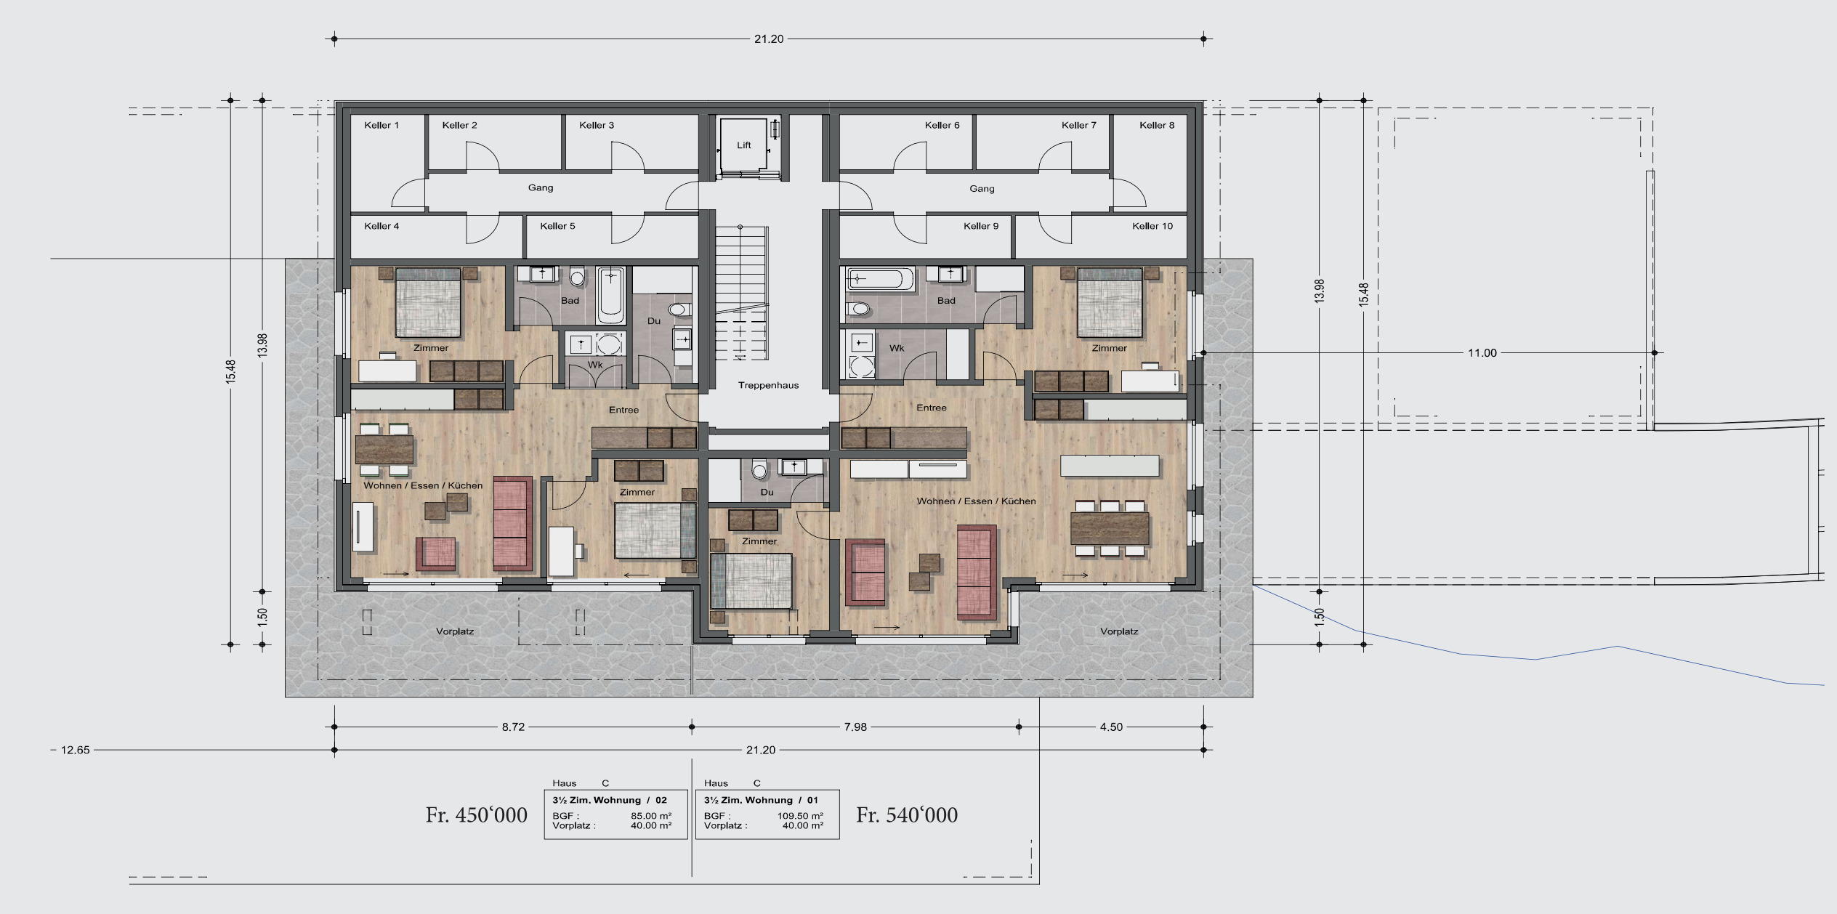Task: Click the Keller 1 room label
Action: pyautogui.click(x=381, y=125)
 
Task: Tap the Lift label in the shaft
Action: pyautogui.click(x=744, y=145)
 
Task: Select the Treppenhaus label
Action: pyautogui.click(x=768, y=385)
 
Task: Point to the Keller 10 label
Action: pyautogui.click(x=1152, y=226)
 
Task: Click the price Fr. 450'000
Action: pyautogui.click(x=477, y=815)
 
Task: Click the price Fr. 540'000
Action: pyautogui.click(x=907, y=815)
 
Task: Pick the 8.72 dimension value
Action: pyautogui.click(x=513, y=727)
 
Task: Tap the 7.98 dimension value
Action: pyautogui.click(x=855, y=727)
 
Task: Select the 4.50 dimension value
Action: pyautogui.click(x=1111, y=727)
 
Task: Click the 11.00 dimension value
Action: pyautogui.click(x=1482, y=353)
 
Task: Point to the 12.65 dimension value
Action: pyautogui.click(x=75, y=750)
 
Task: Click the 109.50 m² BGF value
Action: pyautogui.click(x=800, y=816)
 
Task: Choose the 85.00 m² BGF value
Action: pyautogui.click(x=651, y=816)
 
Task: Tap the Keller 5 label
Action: pyautogui.click(x=557, y=226)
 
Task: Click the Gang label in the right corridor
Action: pyautogui.click(x=982, y=189)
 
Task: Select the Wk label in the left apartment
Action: pyautogui.click(x=595, y=365)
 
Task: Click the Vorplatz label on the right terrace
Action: pyautogui.click(x=1119, y=631)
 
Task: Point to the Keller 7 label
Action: pyautogui.click(x=1078, y=125)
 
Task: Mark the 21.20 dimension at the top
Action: pyautogui.click(x=769, y=39)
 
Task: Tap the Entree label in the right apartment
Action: pyautogui.click(x=932, y=408)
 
